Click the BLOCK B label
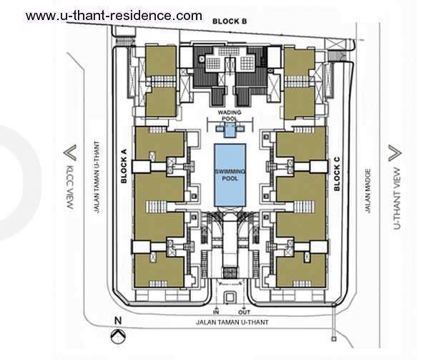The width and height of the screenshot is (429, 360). (230, 21)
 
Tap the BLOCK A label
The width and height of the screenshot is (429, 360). (124, 166)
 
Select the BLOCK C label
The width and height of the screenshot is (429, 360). (337, 174)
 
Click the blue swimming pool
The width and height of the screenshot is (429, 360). (230, 175)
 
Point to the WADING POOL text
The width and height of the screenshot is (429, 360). (230, 115)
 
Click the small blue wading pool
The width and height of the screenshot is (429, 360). (230, 130)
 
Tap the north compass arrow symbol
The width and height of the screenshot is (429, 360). (118, 336)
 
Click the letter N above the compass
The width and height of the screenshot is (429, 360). (118, 321)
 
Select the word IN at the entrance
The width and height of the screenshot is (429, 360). (216, 312)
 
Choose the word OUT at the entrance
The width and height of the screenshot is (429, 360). (244, 312)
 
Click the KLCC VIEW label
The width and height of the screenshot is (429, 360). (70, 188)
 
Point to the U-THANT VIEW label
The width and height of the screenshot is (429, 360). (397, 198)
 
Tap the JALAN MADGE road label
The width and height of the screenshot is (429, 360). (368, 191)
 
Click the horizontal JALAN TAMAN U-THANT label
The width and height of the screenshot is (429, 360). (232, 322)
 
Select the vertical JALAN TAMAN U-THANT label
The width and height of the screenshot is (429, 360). (97, 177)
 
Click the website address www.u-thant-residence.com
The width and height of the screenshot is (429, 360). (114, 15)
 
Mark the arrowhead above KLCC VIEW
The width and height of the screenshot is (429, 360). (70, 153)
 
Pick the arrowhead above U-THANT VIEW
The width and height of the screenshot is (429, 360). (395, 153)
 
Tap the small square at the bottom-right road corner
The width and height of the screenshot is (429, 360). (333, 339)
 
